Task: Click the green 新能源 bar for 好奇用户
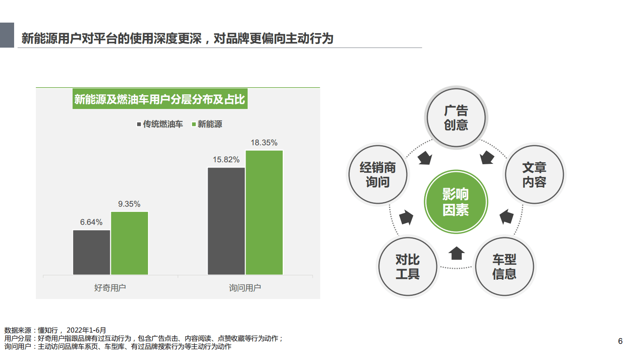pos(129,243)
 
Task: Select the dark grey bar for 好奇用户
pos(92,252)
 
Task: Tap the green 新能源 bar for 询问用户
pos(264,212)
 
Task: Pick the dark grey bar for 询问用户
pos(226,221)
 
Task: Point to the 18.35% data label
pos(264,143)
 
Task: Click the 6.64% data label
pos(91,222)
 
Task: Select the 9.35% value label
pos(129,204)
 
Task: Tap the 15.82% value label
pos(226,160)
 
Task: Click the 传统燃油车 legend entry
pos(160,124)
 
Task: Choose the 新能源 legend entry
pos(207,124)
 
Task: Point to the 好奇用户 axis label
pos(110,288)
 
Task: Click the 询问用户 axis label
pos(245,288)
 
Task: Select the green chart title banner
pos(160,99)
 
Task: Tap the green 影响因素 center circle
pos(456,202)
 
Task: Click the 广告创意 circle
pos(456,117)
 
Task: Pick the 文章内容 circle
pos(534,175)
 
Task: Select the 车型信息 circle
pos(504,266)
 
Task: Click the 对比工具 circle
pos(408,266)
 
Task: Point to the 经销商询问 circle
pos(378,175)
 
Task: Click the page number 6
pos(620,341)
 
